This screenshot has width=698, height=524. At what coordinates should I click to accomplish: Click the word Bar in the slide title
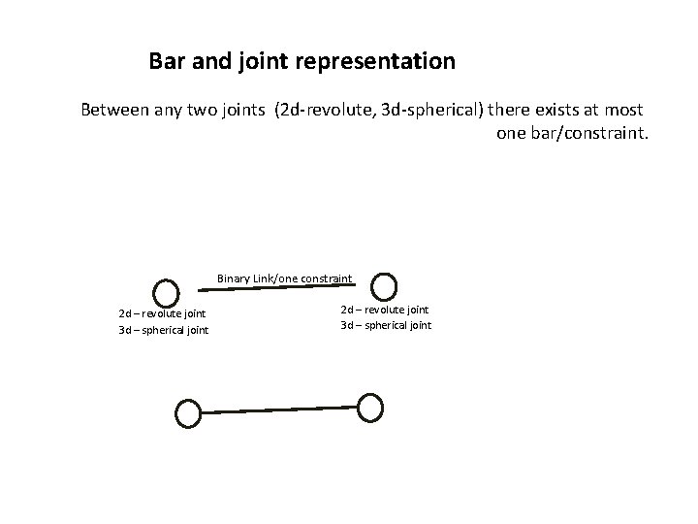[167, 62]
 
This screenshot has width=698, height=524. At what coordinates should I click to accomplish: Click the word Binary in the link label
[234, 279]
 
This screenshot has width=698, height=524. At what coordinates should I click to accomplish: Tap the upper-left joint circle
[168, 292]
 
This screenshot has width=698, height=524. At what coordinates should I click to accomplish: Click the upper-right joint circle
[385, 285]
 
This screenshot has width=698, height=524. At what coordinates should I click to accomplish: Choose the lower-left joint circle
[187, 413]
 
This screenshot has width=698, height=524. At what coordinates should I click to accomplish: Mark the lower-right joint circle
[370, 408]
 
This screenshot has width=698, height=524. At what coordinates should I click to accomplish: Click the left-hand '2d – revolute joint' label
[162, 313]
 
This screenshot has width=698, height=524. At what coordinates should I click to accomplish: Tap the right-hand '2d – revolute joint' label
[385, 310]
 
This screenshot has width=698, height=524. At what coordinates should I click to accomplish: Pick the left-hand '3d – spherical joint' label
[163, 331]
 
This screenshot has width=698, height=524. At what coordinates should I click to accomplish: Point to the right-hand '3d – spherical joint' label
[386, 325]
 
